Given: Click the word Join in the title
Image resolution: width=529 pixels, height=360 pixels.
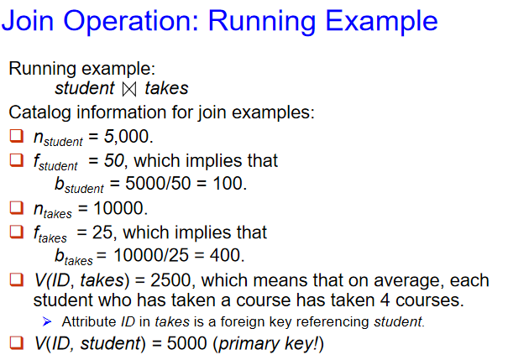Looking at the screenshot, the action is click(x=28, y=21).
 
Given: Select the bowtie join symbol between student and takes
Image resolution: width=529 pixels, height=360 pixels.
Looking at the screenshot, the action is click(x=129, y=89).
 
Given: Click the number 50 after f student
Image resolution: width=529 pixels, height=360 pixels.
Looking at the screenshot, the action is click(x=114, y=161).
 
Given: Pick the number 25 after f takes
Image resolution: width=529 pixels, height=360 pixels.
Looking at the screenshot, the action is click(x=102, y=232).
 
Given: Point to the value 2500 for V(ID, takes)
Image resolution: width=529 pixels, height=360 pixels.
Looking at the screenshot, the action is click(x=170, y=280).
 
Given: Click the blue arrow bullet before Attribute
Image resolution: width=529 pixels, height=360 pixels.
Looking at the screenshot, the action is click(x=47, y=322).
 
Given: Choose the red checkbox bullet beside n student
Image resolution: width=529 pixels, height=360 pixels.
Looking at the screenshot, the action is click(x=17, y=136).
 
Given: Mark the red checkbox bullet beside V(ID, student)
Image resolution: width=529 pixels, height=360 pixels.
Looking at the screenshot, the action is click(x=17, y=342).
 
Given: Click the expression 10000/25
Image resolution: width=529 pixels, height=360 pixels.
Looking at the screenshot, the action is click(x=151, y=255).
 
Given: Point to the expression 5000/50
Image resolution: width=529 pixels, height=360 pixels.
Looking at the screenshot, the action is click(x=158, y=184).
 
